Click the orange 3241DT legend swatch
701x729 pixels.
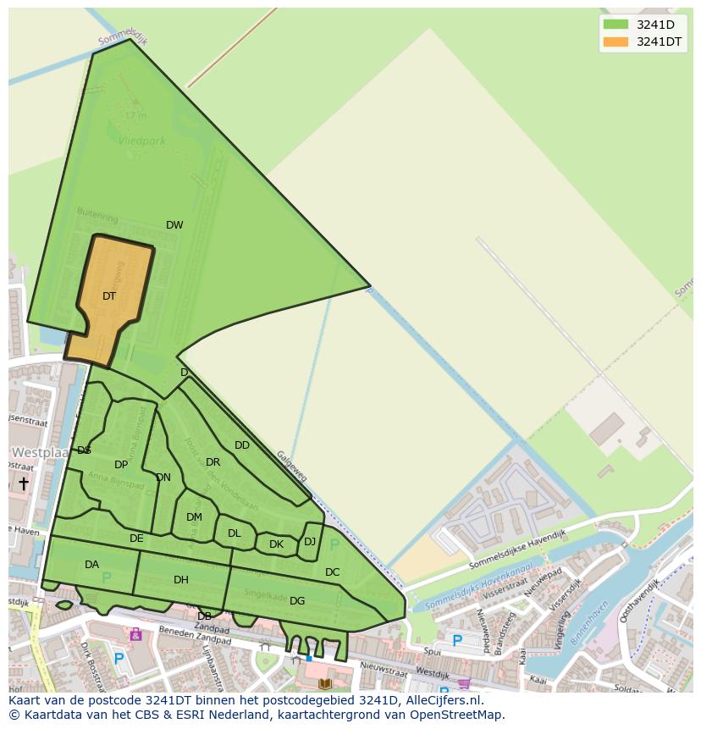(x=615, y=41)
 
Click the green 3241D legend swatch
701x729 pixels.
(x=615, y=24)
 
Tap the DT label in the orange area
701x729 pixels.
(x=109, y=296)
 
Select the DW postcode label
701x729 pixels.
(x=174, y=225)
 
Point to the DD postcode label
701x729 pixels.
(x=242, y=445)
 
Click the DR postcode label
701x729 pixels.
(x=213, y=462)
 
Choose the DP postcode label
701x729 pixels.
(x=121, y=465)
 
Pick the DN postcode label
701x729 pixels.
(x=163, y=478)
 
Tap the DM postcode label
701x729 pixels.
(x=194, y=517)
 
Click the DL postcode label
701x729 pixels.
(x=235, y=533)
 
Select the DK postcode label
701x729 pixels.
(x=276, y=544)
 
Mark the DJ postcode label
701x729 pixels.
(x=310, y=542)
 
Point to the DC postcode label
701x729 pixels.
(x=332, y=572)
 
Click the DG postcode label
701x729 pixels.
(x=297, y=601)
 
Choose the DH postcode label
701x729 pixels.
(x=180, y=580)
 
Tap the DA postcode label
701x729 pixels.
(x=91, y=565)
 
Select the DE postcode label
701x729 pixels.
(x=136, y=538)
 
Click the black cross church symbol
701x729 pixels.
(x=24, y=483)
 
